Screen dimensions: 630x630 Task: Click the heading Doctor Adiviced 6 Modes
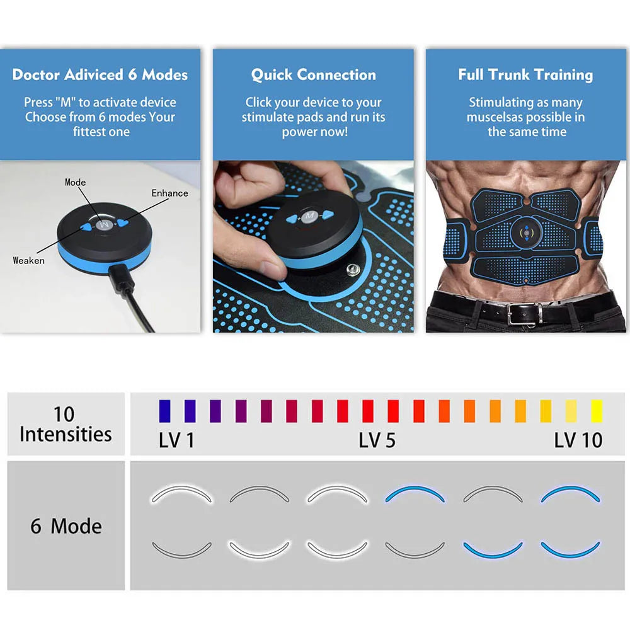(x=100, y=75)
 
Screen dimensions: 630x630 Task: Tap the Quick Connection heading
(x=313, y=75)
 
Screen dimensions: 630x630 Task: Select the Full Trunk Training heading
(x=525, y=75)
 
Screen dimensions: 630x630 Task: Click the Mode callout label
(x=76, y=182)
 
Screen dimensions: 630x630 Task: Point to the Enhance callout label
(x=169, y=193)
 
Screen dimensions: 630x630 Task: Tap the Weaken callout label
(x=29, y=260)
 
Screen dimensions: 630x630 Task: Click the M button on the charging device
(x=103, y=224)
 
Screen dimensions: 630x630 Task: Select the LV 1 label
(x=176, y=440)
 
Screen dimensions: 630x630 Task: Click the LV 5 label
(x=377, y=440)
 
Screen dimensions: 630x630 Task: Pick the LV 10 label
(x=578, y=440)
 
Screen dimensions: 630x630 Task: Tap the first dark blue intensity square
(x=164, y=410)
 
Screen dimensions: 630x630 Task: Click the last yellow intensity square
(x=596, y=410)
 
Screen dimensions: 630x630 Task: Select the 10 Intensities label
(x=65, y=424)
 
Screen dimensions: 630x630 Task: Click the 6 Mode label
(x=66, y=526)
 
